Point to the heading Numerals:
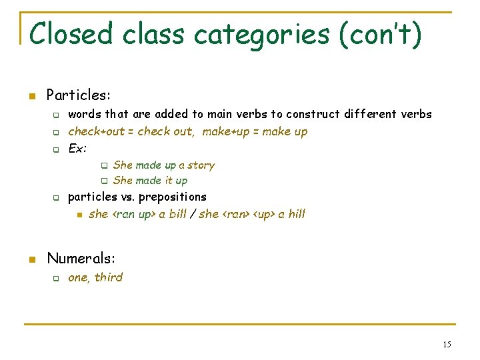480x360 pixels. click(81, 258)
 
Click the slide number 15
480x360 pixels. click(446, 344)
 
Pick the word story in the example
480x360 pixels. click(201, 165)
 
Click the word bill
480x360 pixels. click(178, 214)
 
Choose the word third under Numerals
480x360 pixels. click(109, 277)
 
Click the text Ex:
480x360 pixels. click(78, 148)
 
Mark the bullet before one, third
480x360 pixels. click(57, 278)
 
